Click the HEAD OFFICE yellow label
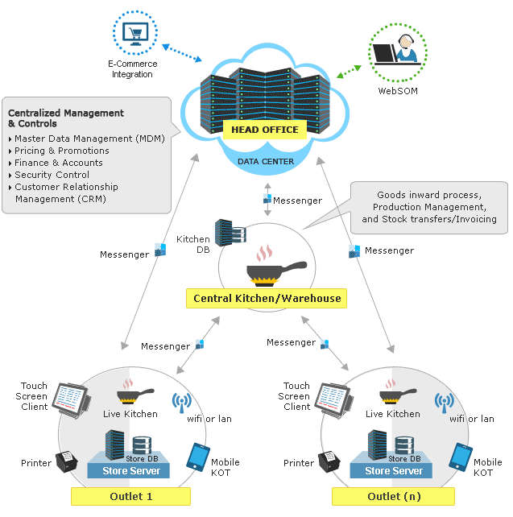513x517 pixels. click(x=264, y=130)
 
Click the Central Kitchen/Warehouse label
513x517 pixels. click(x=267, y=299)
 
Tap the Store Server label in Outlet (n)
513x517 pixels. click(x=394, y=471)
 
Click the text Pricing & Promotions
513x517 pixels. click(x=62, y=151)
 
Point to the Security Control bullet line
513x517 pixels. click(x=52, y=175)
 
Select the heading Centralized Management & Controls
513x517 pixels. click(x=65, y=118)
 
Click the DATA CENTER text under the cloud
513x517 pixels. click(x=265, y=162)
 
